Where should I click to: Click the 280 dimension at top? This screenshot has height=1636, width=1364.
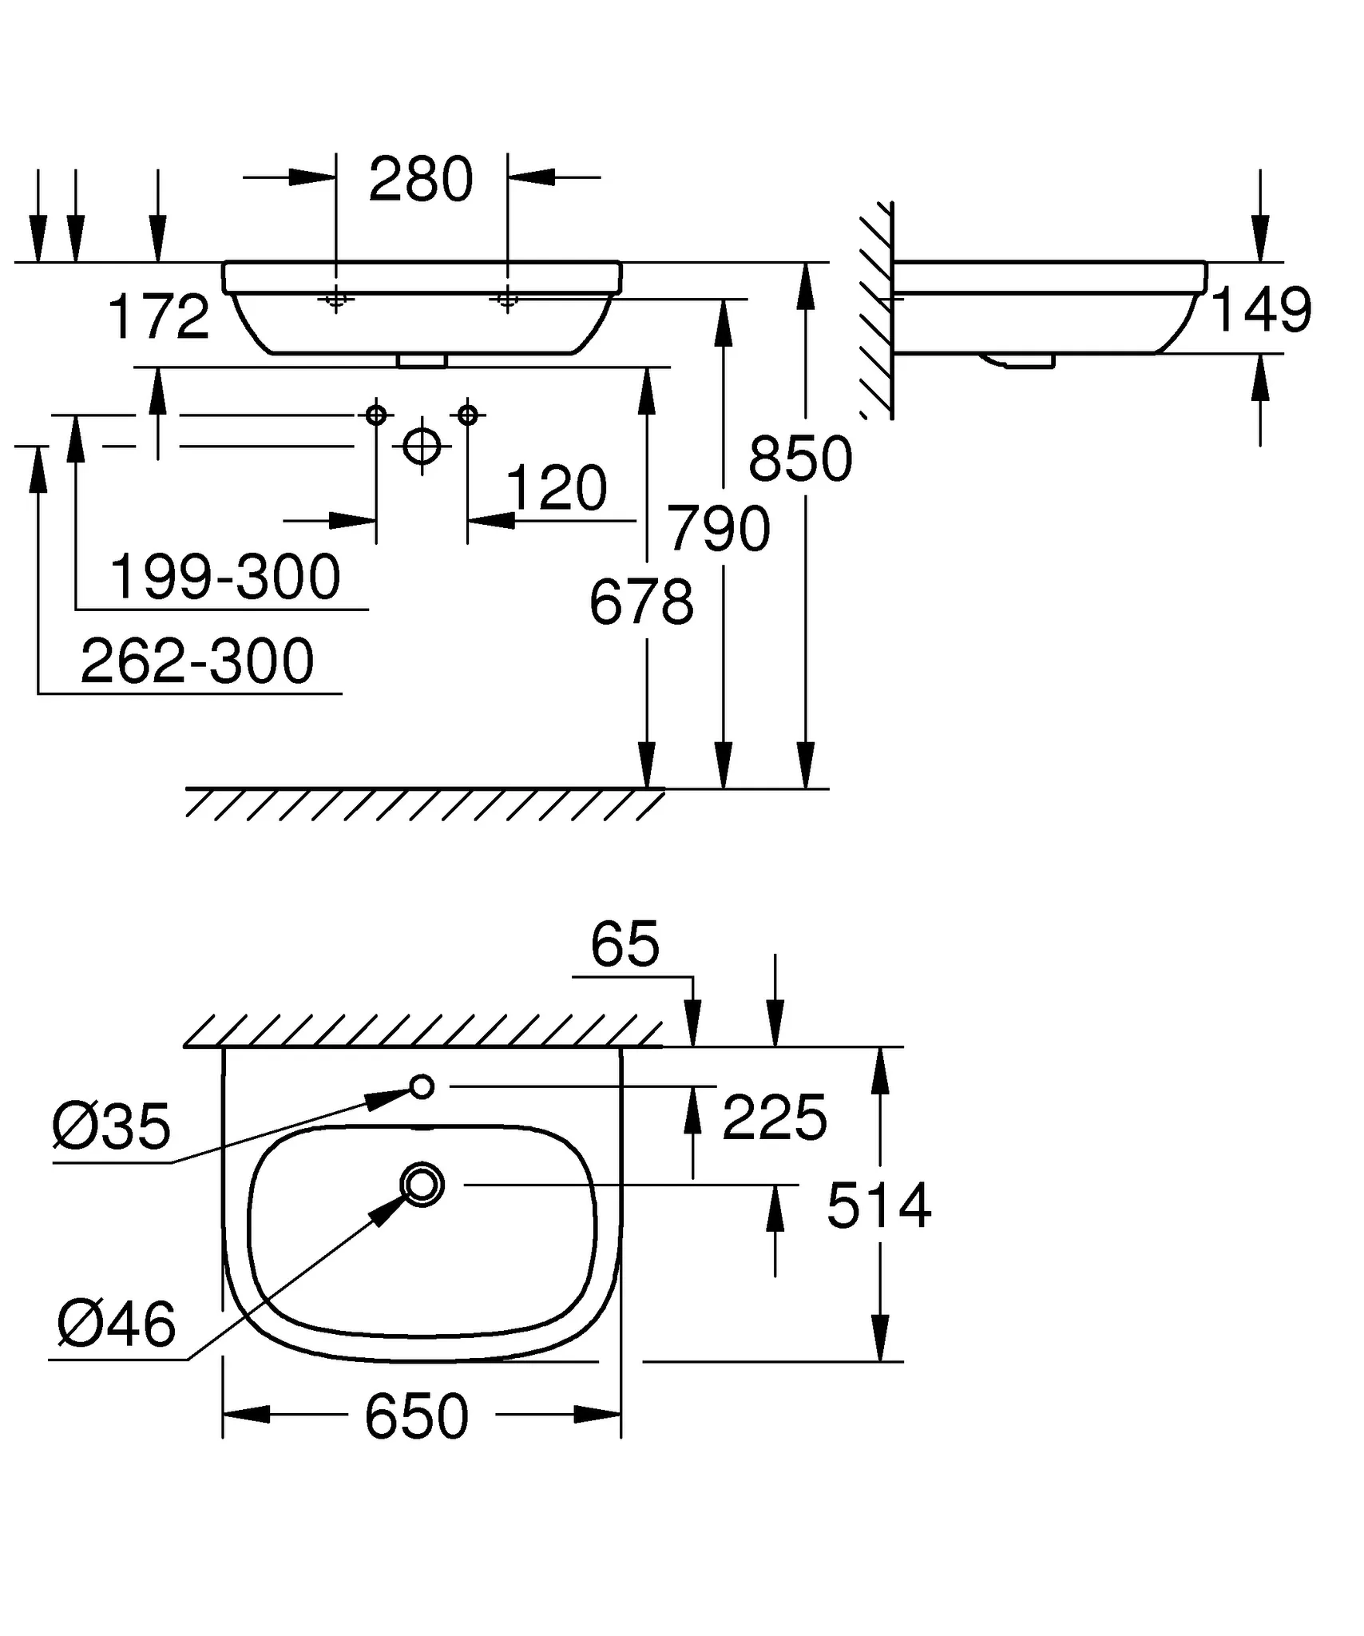pos(421,180)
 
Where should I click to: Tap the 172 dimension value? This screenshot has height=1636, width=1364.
pos(158,317)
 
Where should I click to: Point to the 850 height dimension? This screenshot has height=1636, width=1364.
pos(800,460)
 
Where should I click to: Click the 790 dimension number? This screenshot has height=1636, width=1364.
pos(719,529)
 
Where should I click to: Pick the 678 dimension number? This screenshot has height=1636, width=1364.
pos(641,603)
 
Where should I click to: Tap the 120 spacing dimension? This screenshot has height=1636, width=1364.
pos(557,488)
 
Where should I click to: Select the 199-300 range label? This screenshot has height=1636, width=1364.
pos(224,578)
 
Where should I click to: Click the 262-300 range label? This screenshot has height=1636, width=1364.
pos(197,661)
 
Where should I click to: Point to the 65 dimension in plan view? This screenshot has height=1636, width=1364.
pos(625,945)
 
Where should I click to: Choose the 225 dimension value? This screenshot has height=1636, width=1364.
pos(774,1118)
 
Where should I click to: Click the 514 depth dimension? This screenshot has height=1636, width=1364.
pos(878,1206)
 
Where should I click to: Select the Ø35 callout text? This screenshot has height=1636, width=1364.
pos(111,1127)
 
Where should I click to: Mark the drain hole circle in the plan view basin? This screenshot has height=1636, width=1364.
pos(422,1185)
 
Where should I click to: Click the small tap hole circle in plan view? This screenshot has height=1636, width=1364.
pos(422,1086)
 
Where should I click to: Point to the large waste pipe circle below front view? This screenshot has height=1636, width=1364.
pos(422,446)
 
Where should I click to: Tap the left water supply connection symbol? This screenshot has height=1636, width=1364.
pos(376,415)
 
